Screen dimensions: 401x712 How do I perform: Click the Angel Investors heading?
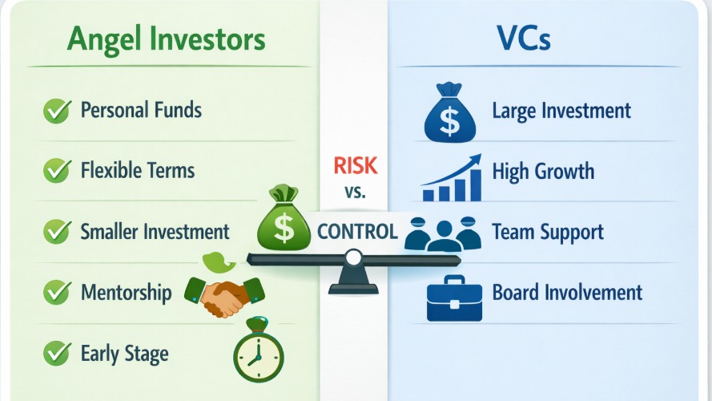coord(167,41)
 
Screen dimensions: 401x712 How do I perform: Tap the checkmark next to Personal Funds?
coord(55,111)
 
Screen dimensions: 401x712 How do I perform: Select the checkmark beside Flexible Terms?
coord(55,171)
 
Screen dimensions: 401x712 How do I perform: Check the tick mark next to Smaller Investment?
coord(55,233)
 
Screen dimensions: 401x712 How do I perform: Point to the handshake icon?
coord(225,295)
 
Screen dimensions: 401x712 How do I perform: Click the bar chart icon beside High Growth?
coord(452,177)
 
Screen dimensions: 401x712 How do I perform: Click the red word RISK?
coord(353,167)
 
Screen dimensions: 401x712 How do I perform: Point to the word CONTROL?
coord(357,233)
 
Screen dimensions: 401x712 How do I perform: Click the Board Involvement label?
coord(567,293)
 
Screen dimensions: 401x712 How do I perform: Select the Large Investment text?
coord(561,111)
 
